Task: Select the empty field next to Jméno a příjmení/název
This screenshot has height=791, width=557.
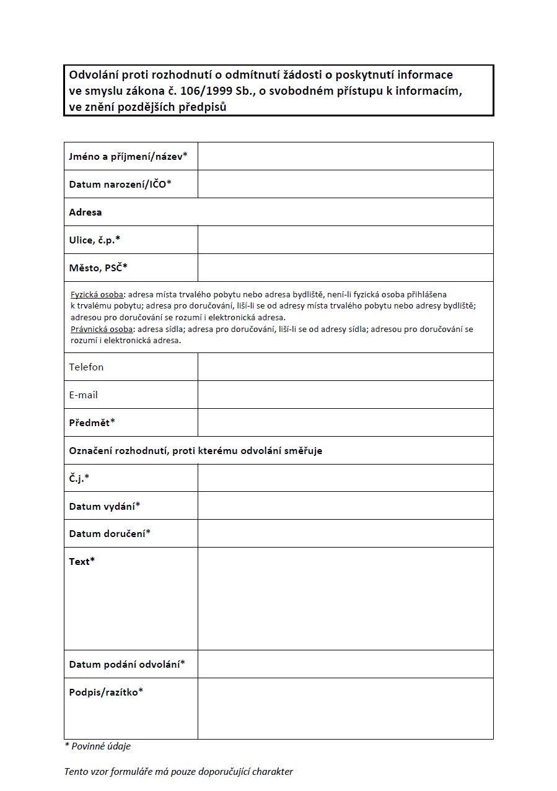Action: tap(345, 156)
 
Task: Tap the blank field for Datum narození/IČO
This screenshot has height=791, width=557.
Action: tap(345, 184)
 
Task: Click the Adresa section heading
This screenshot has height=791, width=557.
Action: tap(86, 212)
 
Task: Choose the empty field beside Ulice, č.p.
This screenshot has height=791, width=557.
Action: tap(345, 240)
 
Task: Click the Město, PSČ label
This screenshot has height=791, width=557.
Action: tap(98, 268)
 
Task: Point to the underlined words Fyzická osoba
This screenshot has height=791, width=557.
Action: tap(97, 294)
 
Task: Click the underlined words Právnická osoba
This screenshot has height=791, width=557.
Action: tap(101, 329)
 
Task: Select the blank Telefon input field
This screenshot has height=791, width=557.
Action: tap(345, 367)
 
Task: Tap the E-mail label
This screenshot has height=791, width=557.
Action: tap(84, 395)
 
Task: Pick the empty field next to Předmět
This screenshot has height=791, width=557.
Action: tap(345, 422)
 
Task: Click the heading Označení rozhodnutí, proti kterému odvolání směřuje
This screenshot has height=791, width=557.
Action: tap(195, 450)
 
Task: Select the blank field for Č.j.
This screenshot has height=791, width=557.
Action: tap(345, 478)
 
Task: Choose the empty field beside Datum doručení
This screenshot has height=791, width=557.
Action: tap(345, 533)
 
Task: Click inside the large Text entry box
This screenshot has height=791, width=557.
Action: tap(345, 598)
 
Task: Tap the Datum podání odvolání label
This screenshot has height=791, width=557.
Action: tap(127, 664)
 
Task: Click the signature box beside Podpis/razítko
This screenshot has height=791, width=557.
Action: tap(345, 708)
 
